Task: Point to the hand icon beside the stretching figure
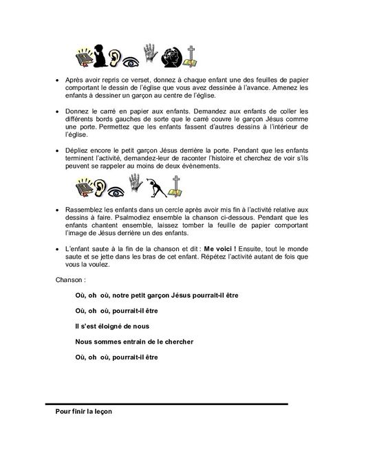(142, 186)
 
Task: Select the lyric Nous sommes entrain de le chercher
(134, 341)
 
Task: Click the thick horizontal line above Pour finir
(166, 404)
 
